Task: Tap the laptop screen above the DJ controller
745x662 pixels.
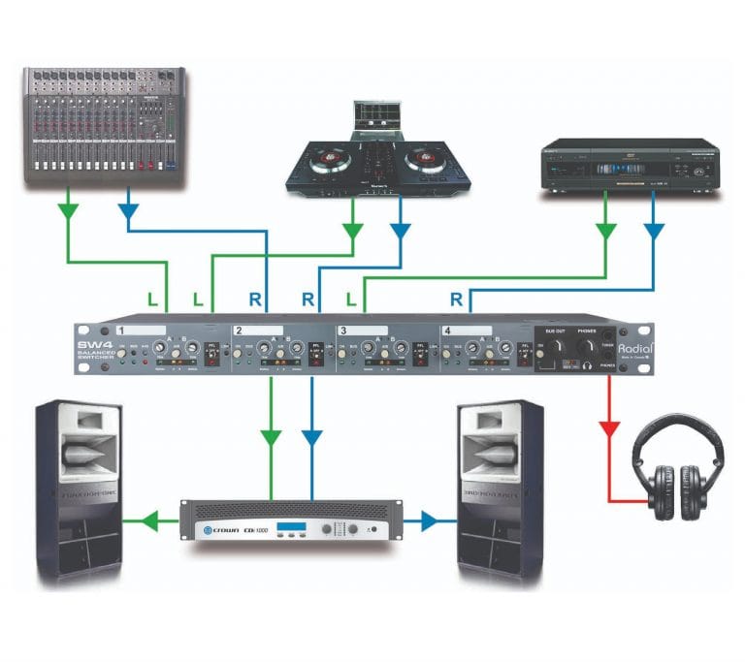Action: (378, 115)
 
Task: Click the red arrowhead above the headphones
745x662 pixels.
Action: (608, 426)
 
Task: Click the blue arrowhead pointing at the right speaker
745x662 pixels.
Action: (432, 522)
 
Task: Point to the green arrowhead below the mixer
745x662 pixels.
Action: (69, 208)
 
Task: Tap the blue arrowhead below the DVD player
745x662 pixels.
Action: (654, 232)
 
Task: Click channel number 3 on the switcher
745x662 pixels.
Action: (342, 331)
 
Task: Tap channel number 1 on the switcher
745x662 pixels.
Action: (123, 331)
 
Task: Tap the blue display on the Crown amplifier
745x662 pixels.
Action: (293, 529)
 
